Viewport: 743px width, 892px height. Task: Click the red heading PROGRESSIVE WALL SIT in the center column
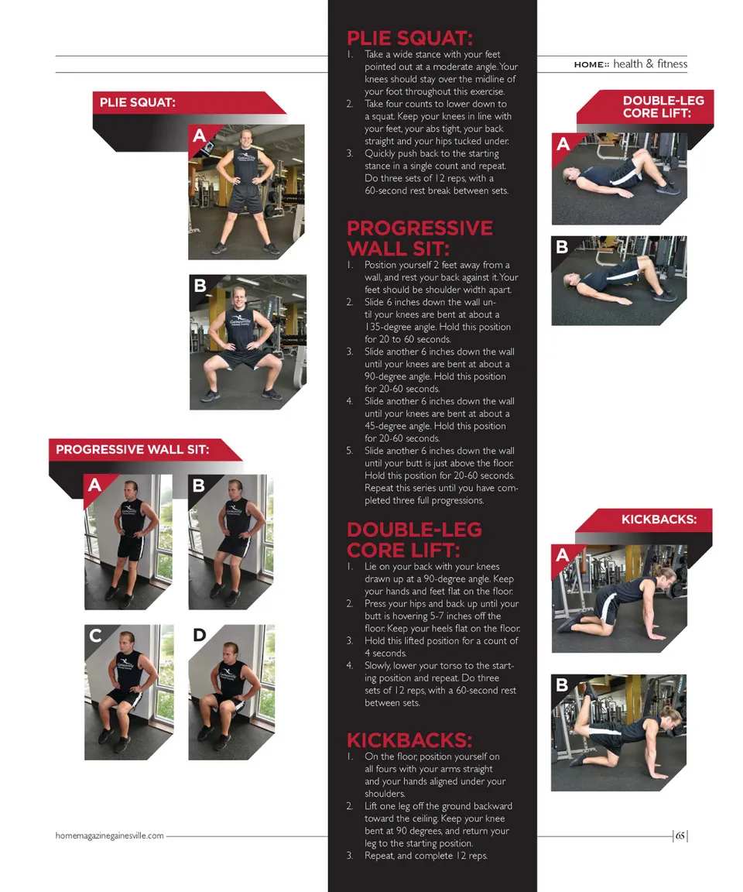click(419, 238)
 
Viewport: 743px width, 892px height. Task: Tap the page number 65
click(680, 835)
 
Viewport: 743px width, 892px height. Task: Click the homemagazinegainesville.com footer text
click(110, 835)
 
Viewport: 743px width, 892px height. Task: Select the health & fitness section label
click(650, 63)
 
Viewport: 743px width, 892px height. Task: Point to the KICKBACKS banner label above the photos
click(659, 520)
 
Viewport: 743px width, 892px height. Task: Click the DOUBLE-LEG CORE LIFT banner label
click(663, 107)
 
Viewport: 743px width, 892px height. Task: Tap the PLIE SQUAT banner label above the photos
click(138, 102)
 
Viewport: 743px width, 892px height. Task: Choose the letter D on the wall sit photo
click(199, 635)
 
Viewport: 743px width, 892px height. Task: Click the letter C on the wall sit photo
click(95, 635)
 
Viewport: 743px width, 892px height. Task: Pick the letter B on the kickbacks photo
click(562, 684)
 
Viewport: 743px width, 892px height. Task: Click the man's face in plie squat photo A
click(246, 139)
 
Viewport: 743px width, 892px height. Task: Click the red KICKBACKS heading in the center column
click(409, 740)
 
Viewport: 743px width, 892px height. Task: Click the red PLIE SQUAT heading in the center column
click(409, 38)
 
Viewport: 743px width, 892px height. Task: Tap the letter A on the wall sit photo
click(94, 485)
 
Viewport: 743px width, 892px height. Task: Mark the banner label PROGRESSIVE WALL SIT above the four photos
click(132, 449)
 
